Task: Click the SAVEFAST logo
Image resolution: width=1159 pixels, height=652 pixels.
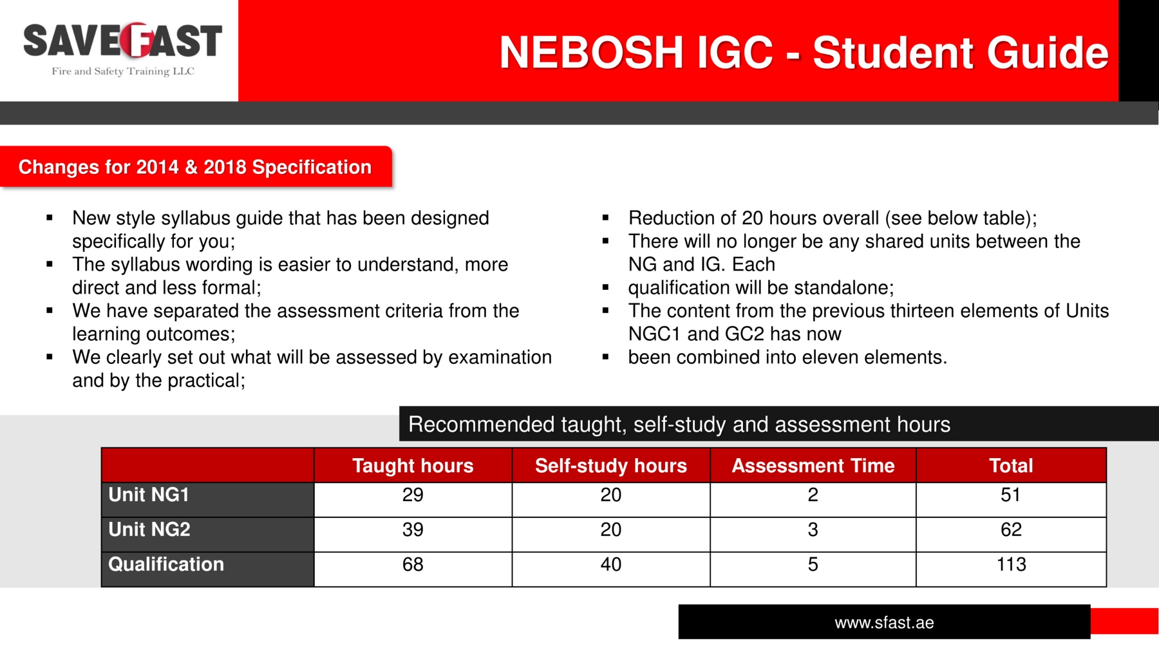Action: (x=122, y=49)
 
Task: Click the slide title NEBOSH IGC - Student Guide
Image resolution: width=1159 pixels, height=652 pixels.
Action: (x=804, y=52)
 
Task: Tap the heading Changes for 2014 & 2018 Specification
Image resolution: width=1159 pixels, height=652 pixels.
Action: (x=195, y=167)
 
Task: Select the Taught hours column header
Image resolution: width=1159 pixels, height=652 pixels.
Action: (x=413, y=465)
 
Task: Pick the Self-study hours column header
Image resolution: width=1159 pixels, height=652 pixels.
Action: (x=611, y=465)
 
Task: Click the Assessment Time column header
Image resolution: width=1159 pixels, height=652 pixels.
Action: (x=813, y=465)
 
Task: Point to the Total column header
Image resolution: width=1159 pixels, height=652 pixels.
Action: (x=1011, y=465)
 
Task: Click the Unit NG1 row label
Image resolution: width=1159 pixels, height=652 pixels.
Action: (x=149, y=494)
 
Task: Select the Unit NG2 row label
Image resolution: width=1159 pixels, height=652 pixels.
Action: (x=149, y=529)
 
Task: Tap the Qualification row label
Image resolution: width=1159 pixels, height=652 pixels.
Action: (x=166, y=564)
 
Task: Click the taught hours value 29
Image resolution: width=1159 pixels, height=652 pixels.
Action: (x=413, y=495)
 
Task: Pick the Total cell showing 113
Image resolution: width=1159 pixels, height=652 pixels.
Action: (x=1012, y=564)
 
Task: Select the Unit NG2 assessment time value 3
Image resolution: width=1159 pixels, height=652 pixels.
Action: (x=813, y=530)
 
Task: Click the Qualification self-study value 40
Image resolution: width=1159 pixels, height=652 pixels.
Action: (x=611, y=564)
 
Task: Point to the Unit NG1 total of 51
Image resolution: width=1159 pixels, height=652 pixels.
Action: (x=1011, y=495)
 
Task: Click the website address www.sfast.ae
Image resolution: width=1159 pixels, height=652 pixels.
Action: (x=884, y=622)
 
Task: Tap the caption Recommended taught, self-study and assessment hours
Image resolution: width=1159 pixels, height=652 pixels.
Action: (x=679, y=424)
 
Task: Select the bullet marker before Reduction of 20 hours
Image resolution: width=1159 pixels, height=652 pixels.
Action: (x=605, y=218)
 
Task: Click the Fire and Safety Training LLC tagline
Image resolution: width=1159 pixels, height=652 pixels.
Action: (x=123, y=71)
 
